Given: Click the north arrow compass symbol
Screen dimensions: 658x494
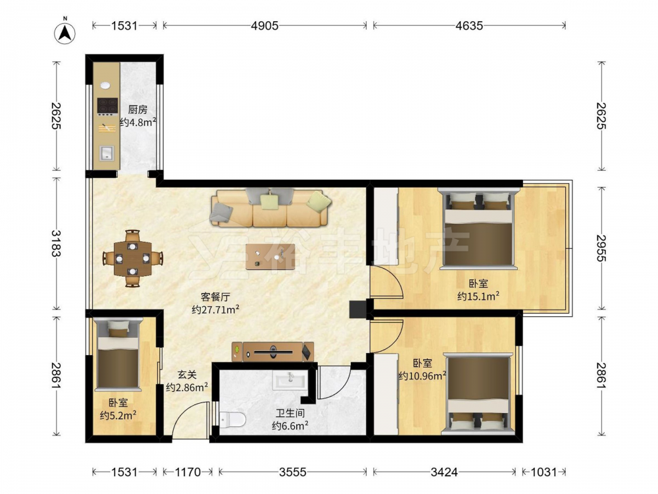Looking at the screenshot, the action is [x=64, y=32].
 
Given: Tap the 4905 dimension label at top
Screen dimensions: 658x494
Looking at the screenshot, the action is [x=265, y=26].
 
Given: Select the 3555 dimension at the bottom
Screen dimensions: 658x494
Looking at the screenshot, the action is [x=293, y=472].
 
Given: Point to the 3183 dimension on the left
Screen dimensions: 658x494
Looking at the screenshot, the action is [x=56, y=243].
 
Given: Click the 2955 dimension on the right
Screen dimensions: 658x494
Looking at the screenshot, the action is [x=601, y=248].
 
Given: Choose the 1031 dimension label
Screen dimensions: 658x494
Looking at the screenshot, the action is [x=544, y=472].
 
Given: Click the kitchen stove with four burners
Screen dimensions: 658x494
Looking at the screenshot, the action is [x=107, y=106].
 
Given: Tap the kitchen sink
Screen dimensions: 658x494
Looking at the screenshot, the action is [x=107, y=153].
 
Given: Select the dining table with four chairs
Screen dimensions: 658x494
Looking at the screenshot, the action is [x=133, y=258].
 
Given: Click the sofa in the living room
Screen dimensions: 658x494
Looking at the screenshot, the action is [x=270, y=207].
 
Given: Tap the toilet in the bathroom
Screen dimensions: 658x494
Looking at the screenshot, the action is [x=232, y=419].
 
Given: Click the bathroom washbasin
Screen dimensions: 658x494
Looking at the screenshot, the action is [x=290, y=380].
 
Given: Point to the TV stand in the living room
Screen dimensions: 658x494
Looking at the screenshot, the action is [x=272, y=352].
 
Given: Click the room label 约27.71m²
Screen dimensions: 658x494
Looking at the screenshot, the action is [x=216, y=310].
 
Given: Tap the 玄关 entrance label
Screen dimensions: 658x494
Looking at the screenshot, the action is [x=187, y=375].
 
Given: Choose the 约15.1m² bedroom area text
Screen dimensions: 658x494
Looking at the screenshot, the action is [x=478, y=296].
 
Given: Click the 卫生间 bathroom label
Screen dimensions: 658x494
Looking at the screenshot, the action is [x=290, y=413].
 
